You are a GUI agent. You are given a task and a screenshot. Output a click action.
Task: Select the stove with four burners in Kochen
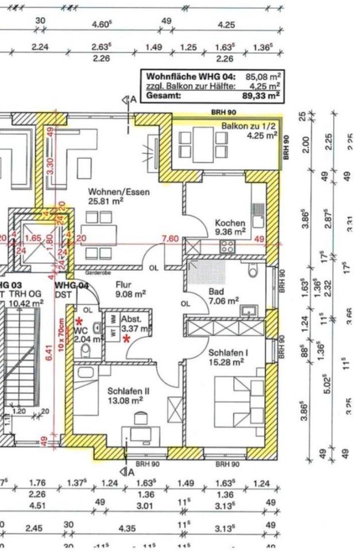click(x=227, y=247)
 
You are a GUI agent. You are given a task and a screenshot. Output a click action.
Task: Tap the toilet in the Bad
click(x=251, y=270)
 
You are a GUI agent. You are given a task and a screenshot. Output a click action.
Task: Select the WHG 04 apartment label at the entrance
click(x=71, y=285)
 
